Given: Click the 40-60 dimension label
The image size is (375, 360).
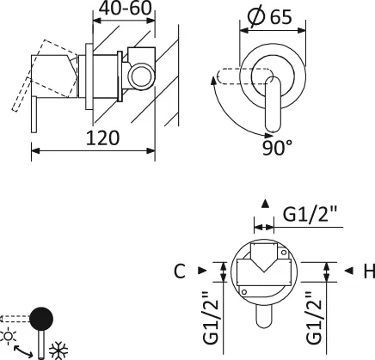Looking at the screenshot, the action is click(x=125, y=9).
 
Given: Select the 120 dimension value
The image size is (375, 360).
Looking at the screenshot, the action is click(x=102, y=137).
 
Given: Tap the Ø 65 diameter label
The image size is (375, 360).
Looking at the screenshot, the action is click(x=270, y=16).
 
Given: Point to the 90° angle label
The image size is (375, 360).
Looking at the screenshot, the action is click(x=277, y=148).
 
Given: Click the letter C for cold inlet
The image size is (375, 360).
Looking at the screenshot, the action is click(x=180, y=271).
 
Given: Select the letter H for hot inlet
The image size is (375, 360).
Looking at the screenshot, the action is click(x=369, y=271).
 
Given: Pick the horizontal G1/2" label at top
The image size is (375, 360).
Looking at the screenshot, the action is click(x=310, y=214).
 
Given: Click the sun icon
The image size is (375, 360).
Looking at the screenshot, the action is click(x=9, y=336).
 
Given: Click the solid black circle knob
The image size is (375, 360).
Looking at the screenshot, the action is click(x=41, y=319).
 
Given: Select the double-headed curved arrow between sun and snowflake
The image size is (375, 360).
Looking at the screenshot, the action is click(x=23, y=351).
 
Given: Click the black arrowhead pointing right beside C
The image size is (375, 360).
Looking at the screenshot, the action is click(x=202, y=271).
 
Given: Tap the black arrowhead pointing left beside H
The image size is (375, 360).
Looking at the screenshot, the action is click(x=348, y=271).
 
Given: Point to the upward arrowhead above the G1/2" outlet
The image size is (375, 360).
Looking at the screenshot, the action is click(x=265, y=204).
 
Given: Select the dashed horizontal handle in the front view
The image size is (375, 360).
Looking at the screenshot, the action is click(x=244, y=76).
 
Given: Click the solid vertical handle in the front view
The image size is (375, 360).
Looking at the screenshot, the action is click(x=274, y=105).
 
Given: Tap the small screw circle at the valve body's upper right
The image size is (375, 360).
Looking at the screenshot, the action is click(x=284, y=253).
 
